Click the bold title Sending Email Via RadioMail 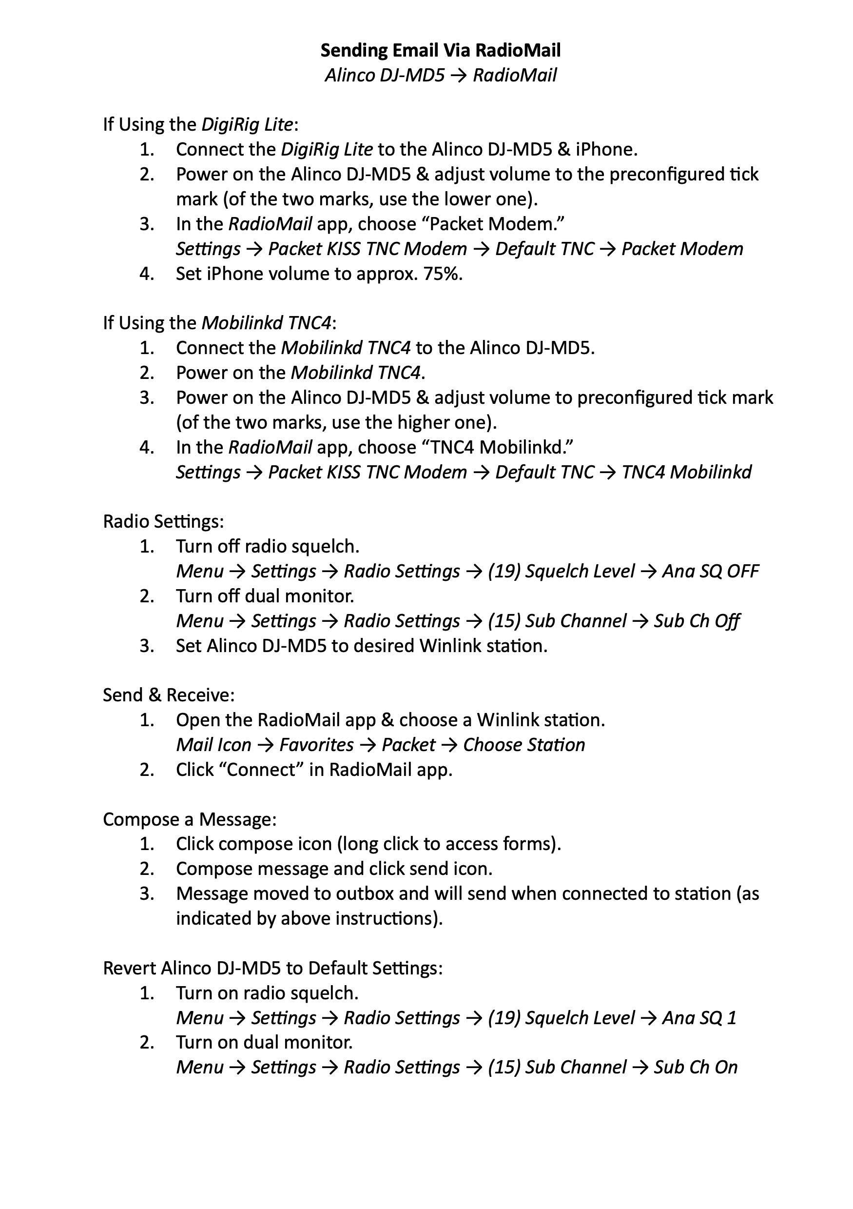441,50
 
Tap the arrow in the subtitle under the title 458,75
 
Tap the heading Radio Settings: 163,521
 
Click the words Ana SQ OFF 710,571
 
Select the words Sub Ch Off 697,621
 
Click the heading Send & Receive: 168,695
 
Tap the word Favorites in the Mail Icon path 316,745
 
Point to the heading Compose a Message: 190,819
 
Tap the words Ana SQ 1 699,1018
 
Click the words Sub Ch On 696,1068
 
